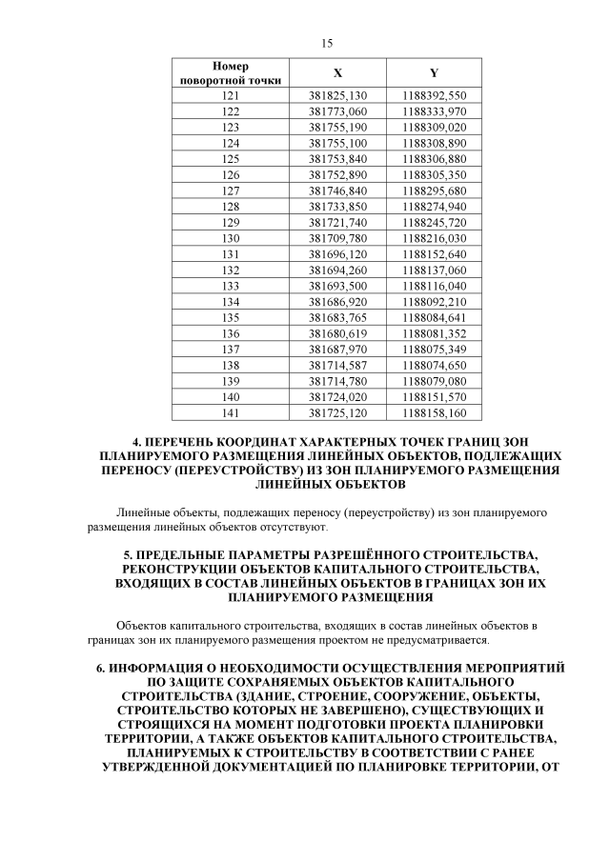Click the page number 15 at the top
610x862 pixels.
[327, 44]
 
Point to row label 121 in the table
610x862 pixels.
[231, 96]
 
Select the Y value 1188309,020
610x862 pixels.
[435, 127]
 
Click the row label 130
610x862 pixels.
[231, 237]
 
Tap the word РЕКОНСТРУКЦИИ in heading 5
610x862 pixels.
[177, 568]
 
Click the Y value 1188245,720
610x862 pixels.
[435, 222]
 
